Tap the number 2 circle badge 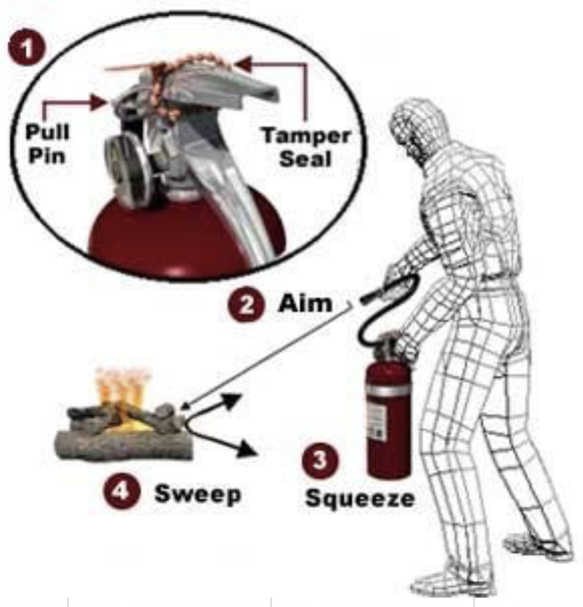click(247, 304)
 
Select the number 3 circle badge click(320, 460)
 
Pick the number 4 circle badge click(122, 491)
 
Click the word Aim click(305, 303)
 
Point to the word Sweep click(198, 494)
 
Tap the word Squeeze click(360, 498)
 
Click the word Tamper click(306, 136)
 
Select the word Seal click(306, 158)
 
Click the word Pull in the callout click(47, 131)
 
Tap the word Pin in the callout click(47, 155)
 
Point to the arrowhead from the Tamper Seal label click(243, 64)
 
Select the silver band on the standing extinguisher click(388, 389)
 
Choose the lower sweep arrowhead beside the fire click(248, 450)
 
